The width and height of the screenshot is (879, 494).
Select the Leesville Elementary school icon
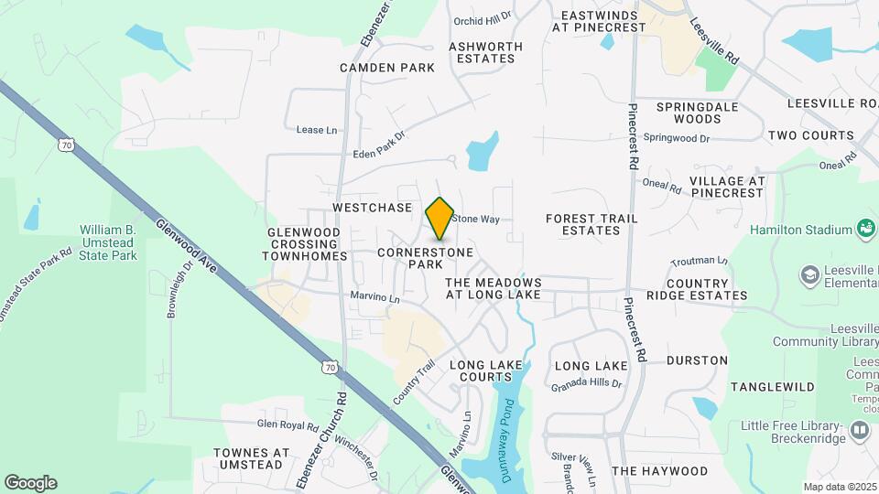point(809,274)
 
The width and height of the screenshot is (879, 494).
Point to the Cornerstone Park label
point(426,257)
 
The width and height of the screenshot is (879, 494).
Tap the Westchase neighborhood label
point(373,208)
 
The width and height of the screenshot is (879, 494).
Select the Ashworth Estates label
point(485,52)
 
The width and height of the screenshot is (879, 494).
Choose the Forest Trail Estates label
point(583,224)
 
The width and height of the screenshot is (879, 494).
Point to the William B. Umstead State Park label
point(108,242)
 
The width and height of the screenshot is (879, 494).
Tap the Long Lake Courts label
point(486,370)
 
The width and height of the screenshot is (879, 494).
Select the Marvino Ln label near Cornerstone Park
point(375,297)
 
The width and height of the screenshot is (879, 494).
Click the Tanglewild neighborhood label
point(773,387)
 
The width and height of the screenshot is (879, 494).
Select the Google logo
point(30,483)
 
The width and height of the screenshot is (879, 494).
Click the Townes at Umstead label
point(251,459)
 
